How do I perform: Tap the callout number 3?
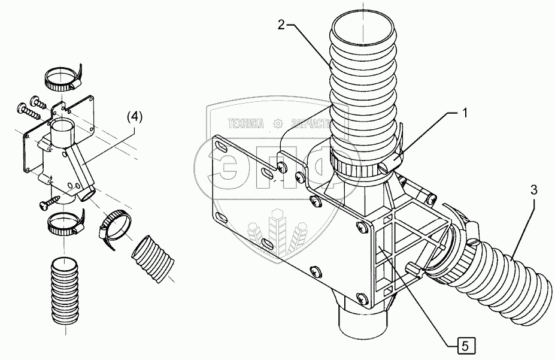534,190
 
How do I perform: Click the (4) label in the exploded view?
134,118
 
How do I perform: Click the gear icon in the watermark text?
277,124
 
